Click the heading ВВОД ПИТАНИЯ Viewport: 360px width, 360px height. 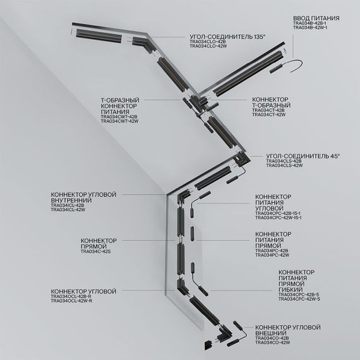point(316,20)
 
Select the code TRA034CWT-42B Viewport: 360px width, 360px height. point(121,116)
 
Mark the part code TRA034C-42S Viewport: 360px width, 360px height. point(95,251)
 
